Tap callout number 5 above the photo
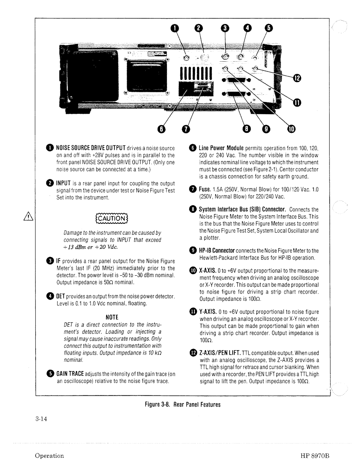tap(269, 29)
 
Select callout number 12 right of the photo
tap(297, 78)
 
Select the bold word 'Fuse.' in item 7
tap(204, 189)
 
